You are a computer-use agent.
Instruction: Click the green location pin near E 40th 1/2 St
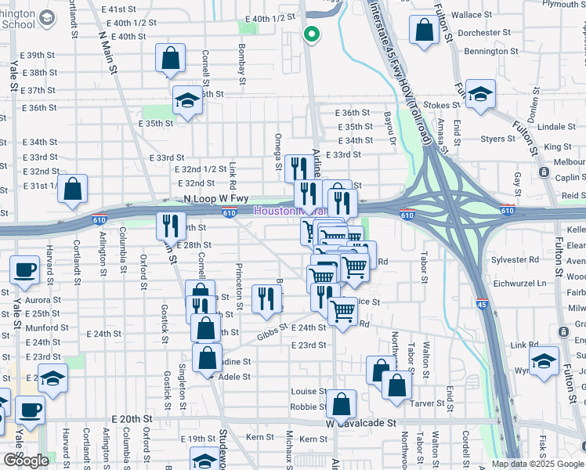click(311, 34)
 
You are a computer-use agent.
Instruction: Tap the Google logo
click(26, 460)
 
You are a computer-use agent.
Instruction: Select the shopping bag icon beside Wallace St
click(424, 29)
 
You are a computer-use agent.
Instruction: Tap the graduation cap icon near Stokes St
click(480, 92)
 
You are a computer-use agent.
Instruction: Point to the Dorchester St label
click(479, 33)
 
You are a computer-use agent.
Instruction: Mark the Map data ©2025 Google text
click(537, 464)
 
